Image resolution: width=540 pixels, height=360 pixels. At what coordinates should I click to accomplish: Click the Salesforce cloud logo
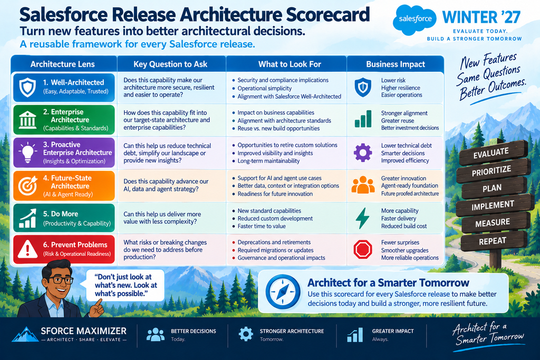pyautogui.click(x=414, y=20)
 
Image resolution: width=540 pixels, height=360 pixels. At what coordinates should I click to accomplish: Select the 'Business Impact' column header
pyautogui.click(x=396, y=64)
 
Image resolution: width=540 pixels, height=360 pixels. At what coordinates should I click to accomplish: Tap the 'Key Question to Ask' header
pyautogui.click(x=170, y=64)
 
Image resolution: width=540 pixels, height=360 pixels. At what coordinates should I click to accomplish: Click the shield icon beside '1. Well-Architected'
pyautogui.click(x=27, y=87)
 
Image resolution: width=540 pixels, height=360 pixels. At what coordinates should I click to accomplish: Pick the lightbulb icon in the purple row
pyautogui.click(x=27, y=152)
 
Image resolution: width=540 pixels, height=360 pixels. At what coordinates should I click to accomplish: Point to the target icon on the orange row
pyautogui.click(x=27, y=186)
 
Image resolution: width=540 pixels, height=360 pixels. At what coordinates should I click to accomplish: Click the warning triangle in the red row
pyautogui.click(x=27, y=249)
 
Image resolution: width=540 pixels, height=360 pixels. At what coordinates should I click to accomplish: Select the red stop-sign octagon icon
pyautogui.click(x=363, y=249)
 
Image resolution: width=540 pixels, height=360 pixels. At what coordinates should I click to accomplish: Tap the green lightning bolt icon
pyautogui.click(x=362, y=218)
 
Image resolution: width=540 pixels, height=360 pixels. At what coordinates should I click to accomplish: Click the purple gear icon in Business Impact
pyautogui.click(x=363, y=153)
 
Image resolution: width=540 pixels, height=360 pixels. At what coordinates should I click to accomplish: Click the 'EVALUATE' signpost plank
pyautogui.click(x=493, y=152)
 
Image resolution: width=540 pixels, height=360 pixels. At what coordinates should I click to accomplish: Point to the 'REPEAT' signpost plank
pyautogui.click(x=494, y=240)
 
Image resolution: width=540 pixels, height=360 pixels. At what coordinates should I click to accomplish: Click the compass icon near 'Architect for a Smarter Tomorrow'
pyautogui.click(x=283, y=292)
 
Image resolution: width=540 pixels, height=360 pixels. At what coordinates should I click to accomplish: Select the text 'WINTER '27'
pyautogui.click(x=481, y=17)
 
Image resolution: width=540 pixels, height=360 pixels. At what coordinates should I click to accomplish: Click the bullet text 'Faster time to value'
pyautogui.click(x=262, y=226)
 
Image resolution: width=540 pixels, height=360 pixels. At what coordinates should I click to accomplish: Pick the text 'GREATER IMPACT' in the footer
pyautogui.click(x=392, y=331)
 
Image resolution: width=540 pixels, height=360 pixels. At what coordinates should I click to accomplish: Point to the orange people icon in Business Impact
pyautogui.click(x=363, y=185)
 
